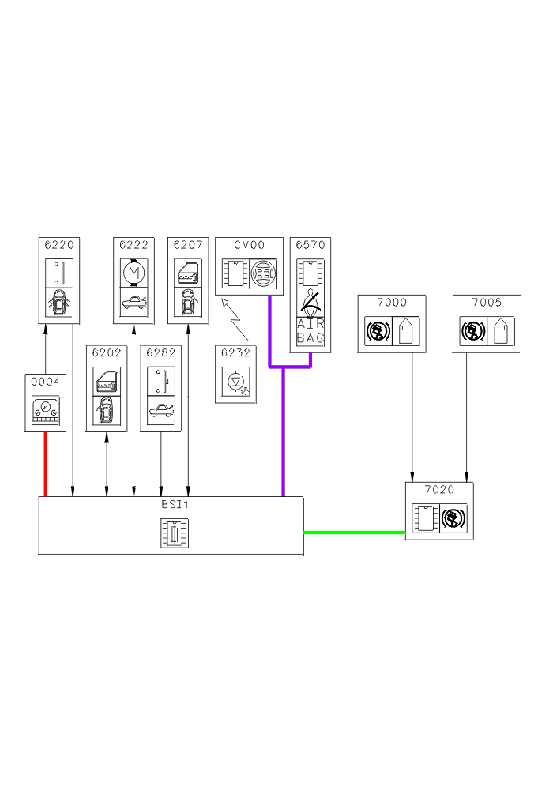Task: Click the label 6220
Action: pyautogui.click(x=59, y=245)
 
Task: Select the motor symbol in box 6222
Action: pyautogui.click(x=133, y=273)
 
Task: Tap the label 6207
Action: pyautogui.click(x=188, y=245)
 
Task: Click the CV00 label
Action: pyautogui.click(x=249, y=245)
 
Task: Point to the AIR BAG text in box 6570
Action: pyautogui.click(x=310, y=331)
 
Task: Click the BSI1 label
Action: pyautogui.click(x=171, y=504)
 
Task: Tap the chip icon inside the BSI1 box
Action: pyautogui.click(x=171, y=532)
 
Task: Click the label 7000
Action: pyautogui.click(x=392, y=303)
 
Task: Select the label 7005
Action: pyautogui.click(x=487, y=303)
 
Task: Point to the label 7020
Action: pyautogui.click(x=439, y=490)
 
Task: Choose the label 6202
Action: pyautogui.click(x=107, y=352)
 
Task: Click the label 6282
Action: pyautogui.click(x=161, y=352)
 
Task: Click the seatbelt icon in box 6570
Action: pyautogui.click(x=310, y=302)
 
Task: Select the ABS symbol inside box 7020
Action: pyautogui.click(x=453, y=519)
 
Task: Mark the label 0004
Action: pyautogui.click(x=45, y=382)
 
